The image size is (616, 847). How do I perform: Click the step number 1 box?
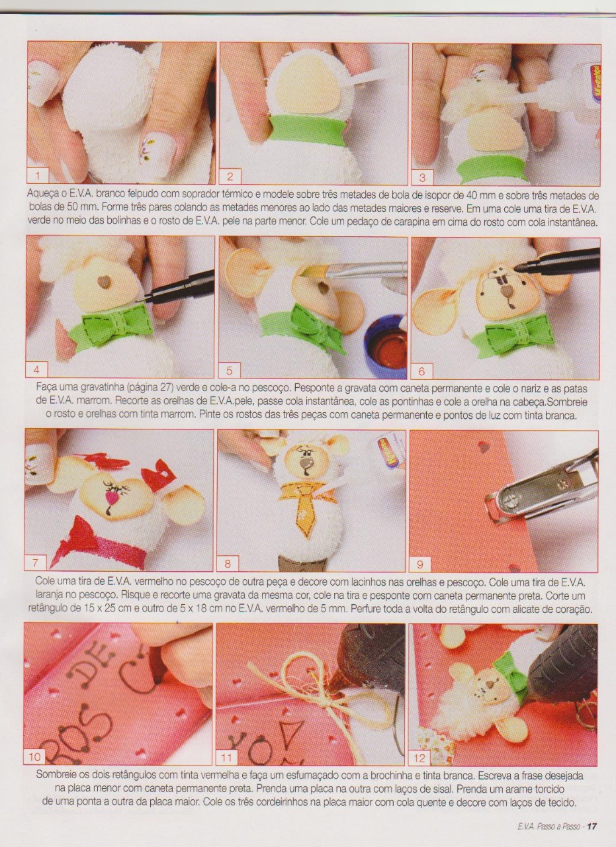[x=38, y=176]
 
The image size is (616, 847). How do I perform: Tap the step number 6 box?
[x=421, y=371]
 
